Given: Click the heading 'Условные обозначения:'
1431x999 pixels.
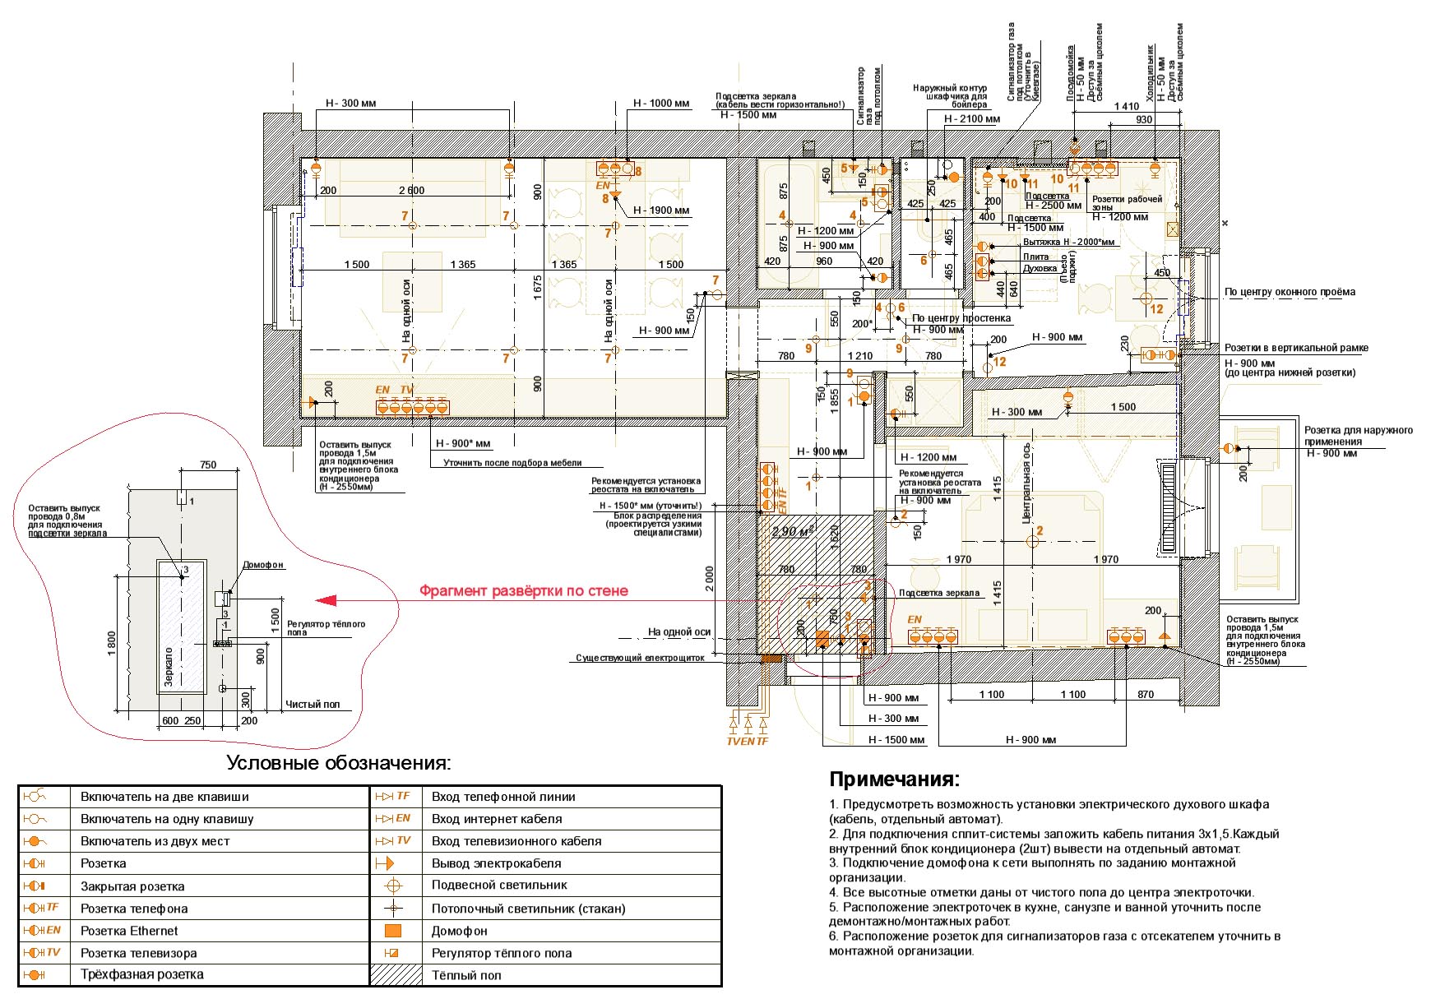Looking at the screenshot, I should tap(339, 763).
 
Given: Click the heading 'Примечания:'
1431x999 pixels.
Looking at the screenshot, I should tap(894, 779).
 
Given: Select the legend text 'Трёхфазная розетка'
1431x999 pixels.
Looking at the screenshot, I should tap(141, 975).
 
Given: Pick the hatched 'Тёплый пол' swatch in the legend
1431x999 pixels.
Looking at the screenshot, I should tap(396, 975).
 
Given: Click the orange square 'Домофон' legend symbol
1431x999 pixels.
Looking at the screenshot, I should tap(393, 931).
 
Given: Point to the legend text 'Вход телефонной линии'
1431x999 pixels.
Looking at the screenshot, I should tap(503, 797).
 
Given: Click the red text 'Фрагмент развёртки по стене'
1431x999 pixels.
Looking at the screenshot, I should tap(523, 591).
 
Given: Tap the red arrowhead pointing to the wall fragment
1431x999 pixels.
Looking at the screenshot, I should tap(326, 600).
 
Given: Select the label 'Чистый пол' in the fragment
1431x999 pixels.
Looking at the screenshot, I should tap(313, 705).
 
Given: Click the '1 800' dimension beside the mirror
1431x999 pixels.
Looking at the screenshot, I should tap(112, 643).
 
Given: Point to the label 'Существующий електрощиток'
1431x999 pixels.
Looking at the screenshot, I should tap(640, 658).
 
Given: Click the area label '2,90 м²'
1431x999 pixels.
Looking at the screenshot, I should tap(793, 531).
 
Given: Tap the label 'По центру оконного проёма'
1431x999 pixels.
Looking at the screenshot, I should tap(1290, 292).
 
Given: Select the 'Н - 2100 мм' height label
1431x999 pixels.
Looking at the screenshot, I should tap(971, 119).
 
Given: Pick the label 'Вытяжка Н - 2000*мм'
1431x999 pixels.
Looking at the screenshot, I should tap(1068, 243).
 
